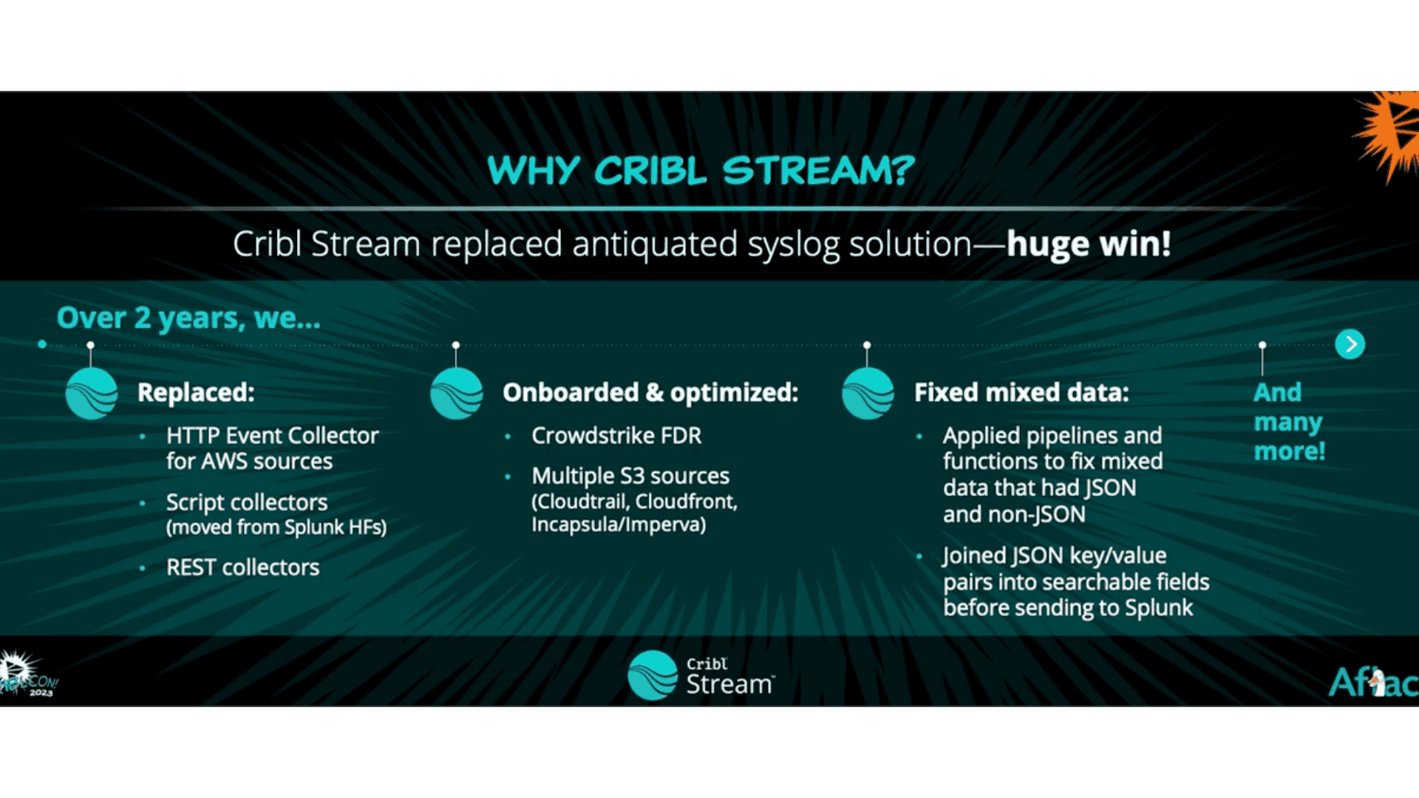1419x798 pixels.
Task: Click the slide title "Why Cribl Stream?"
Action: [701, 171]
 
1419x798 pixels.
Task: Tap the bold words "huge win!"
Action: [1089, 244]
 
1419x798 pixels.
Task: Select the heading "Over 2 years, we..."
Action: [188, 318]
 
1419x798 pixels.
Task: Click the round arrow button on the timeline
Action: [1350, 344]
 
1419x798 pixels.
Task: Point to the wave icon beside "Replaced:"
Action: [92, 394]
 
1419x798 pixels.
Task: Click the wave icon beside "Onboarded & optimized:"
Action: [457, 394]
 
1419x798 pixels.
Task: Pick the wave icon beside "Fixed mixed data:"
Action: [868, 394]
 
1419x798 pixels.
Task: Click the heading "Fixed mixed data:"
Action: [1021, 392]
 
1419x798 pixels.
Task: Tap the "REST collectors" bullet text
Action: [242, 567]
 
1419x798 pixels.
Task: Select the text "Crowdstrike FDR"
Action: [616, 436]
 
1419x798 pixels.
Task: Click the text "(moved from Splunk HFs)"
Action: [276, 528]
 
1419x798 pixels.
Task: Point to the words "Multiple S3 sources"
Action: [630, 476]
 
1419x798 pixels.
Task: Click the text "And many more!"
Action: [1289, 422]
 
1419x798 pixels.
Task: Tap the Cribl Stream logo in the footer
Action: [701, 675]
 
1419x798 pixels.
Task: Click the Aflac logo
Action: [1373, 682]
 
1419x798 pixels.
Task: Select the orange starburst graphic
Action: [1388, 133]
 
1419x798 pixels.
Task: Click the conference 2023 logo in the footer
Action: [28, 674]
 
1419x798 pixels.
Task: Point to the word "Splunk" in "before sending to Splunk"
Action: [1159, 608]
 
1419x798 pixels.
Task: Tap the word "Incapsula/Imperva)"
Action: [619, 525]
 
